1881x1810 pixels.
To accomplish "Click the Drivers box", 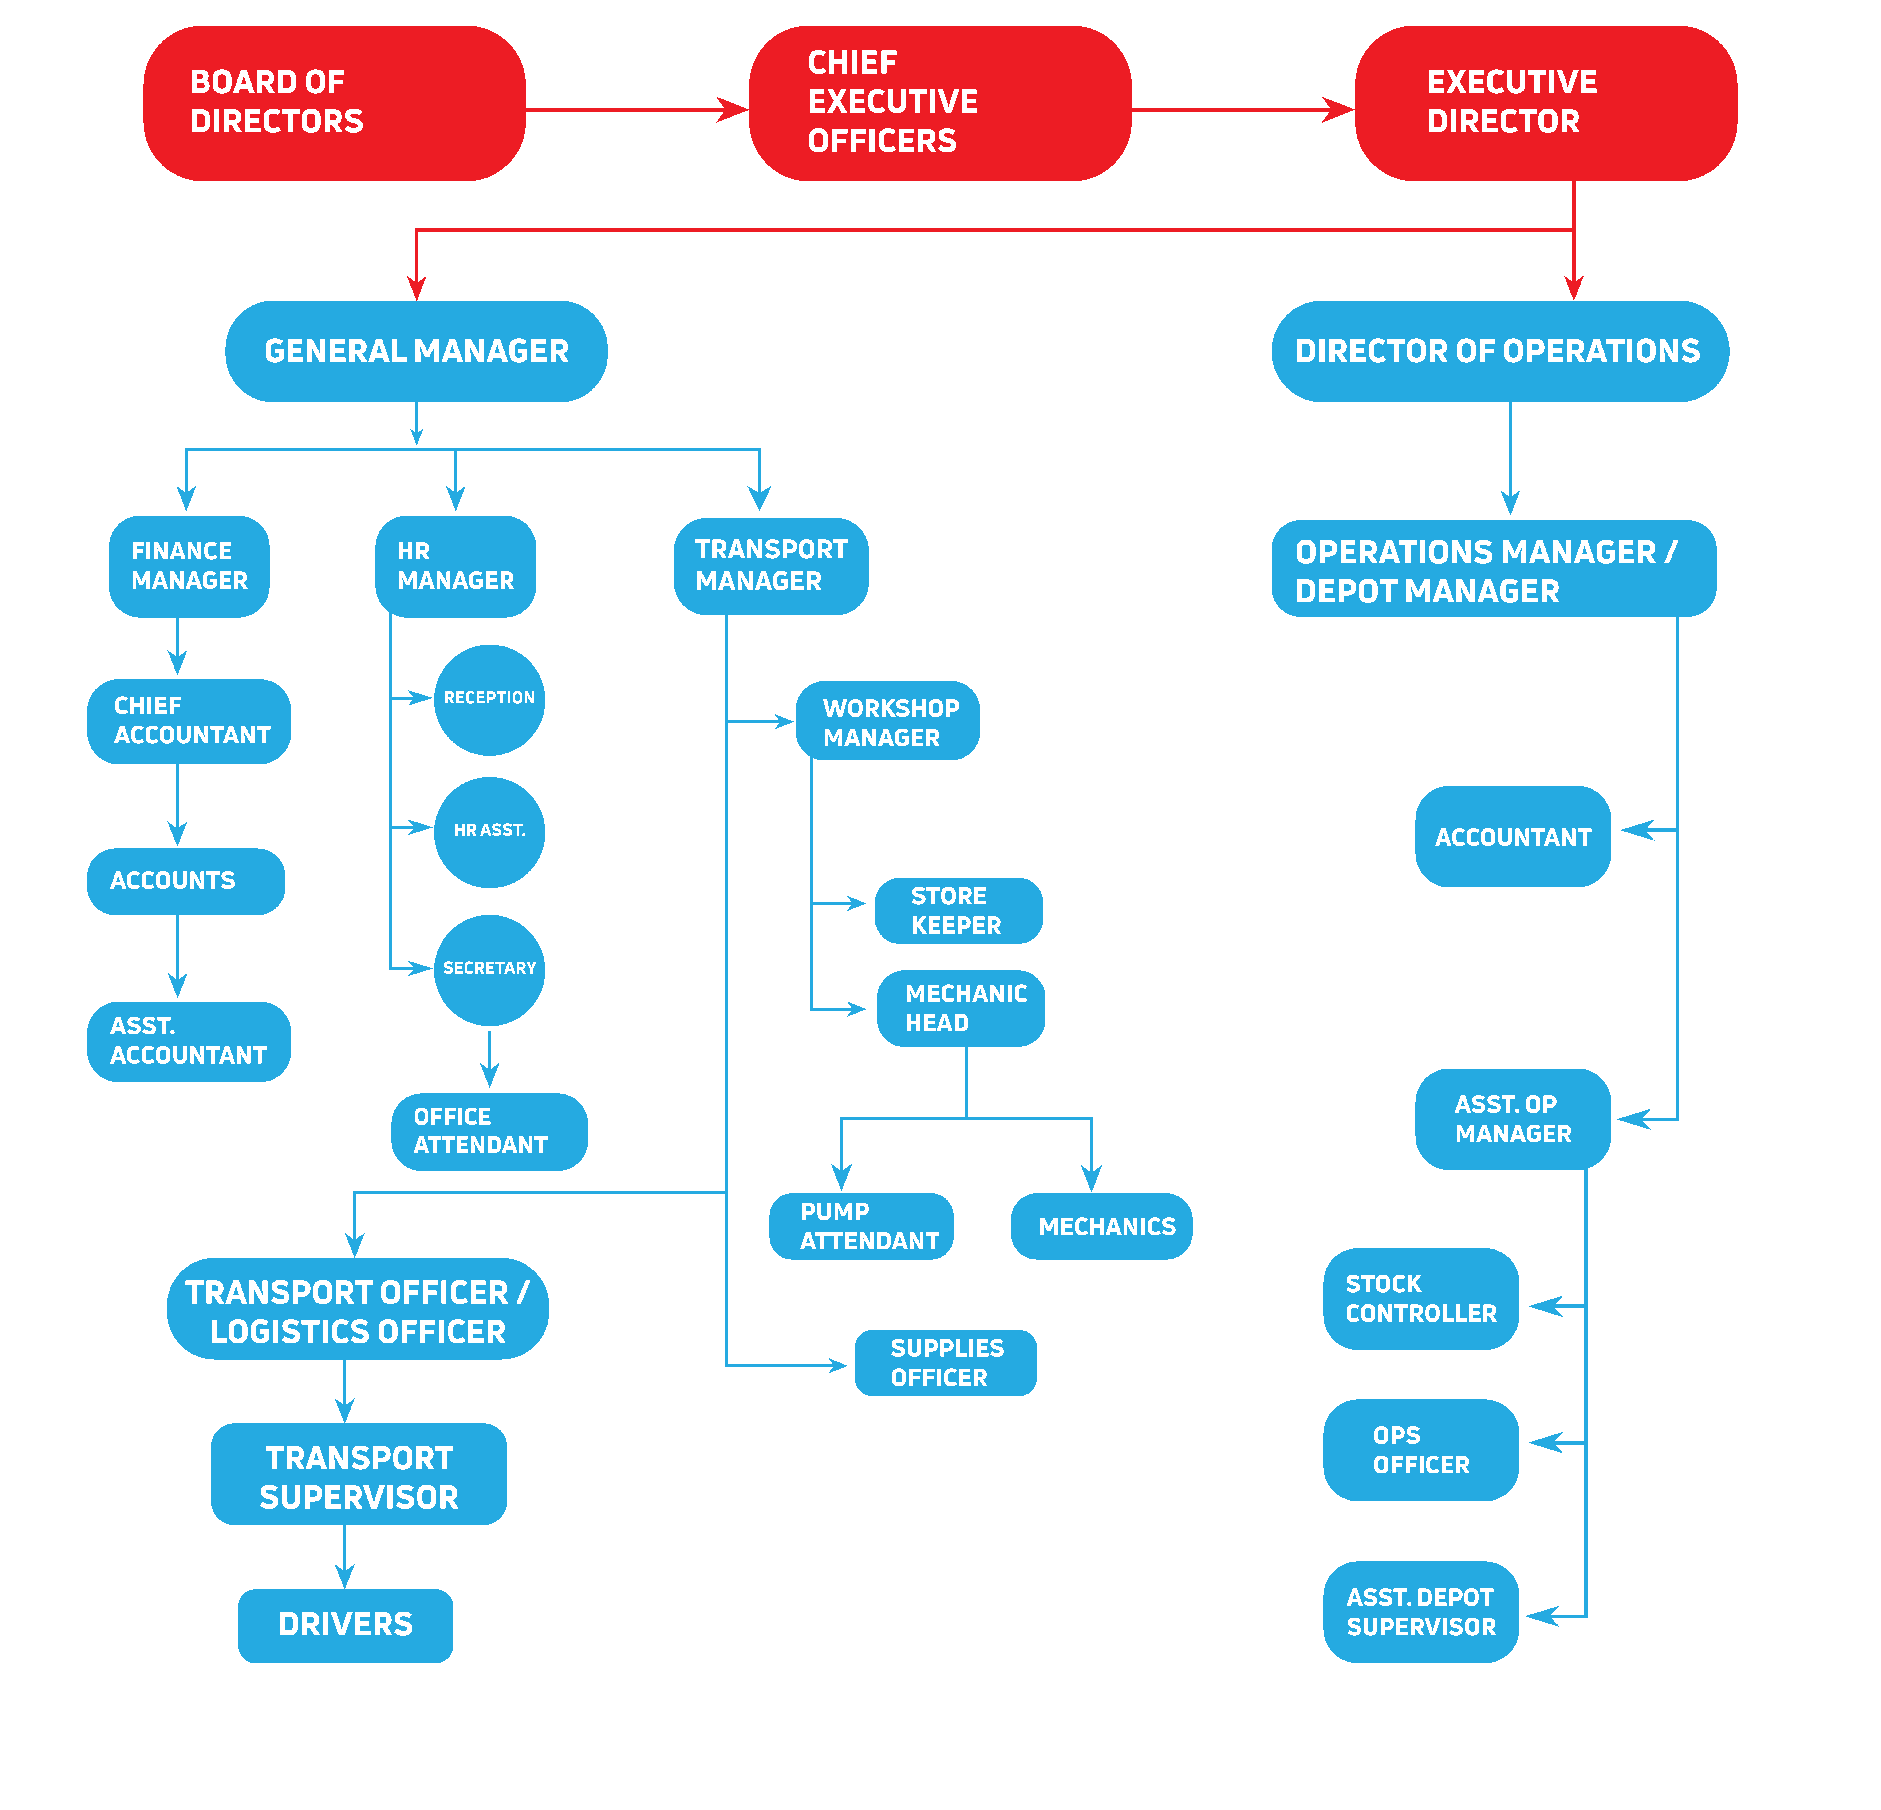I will (346, 1625).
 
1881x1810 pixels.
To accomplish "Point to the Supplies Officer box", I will (945, 1363).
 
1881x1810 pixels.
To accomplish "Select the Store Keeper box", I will (958, 911).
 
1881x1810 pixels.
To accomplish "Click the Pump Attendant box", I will (861, 1227).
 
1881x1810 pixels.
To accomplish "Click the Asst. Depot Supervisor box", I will (1420, 1612).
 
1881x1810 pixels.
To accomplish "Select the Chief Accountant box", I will (189, 721).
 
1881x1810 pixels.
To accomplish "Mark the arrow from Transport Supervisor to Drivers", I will (344, 1557).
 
